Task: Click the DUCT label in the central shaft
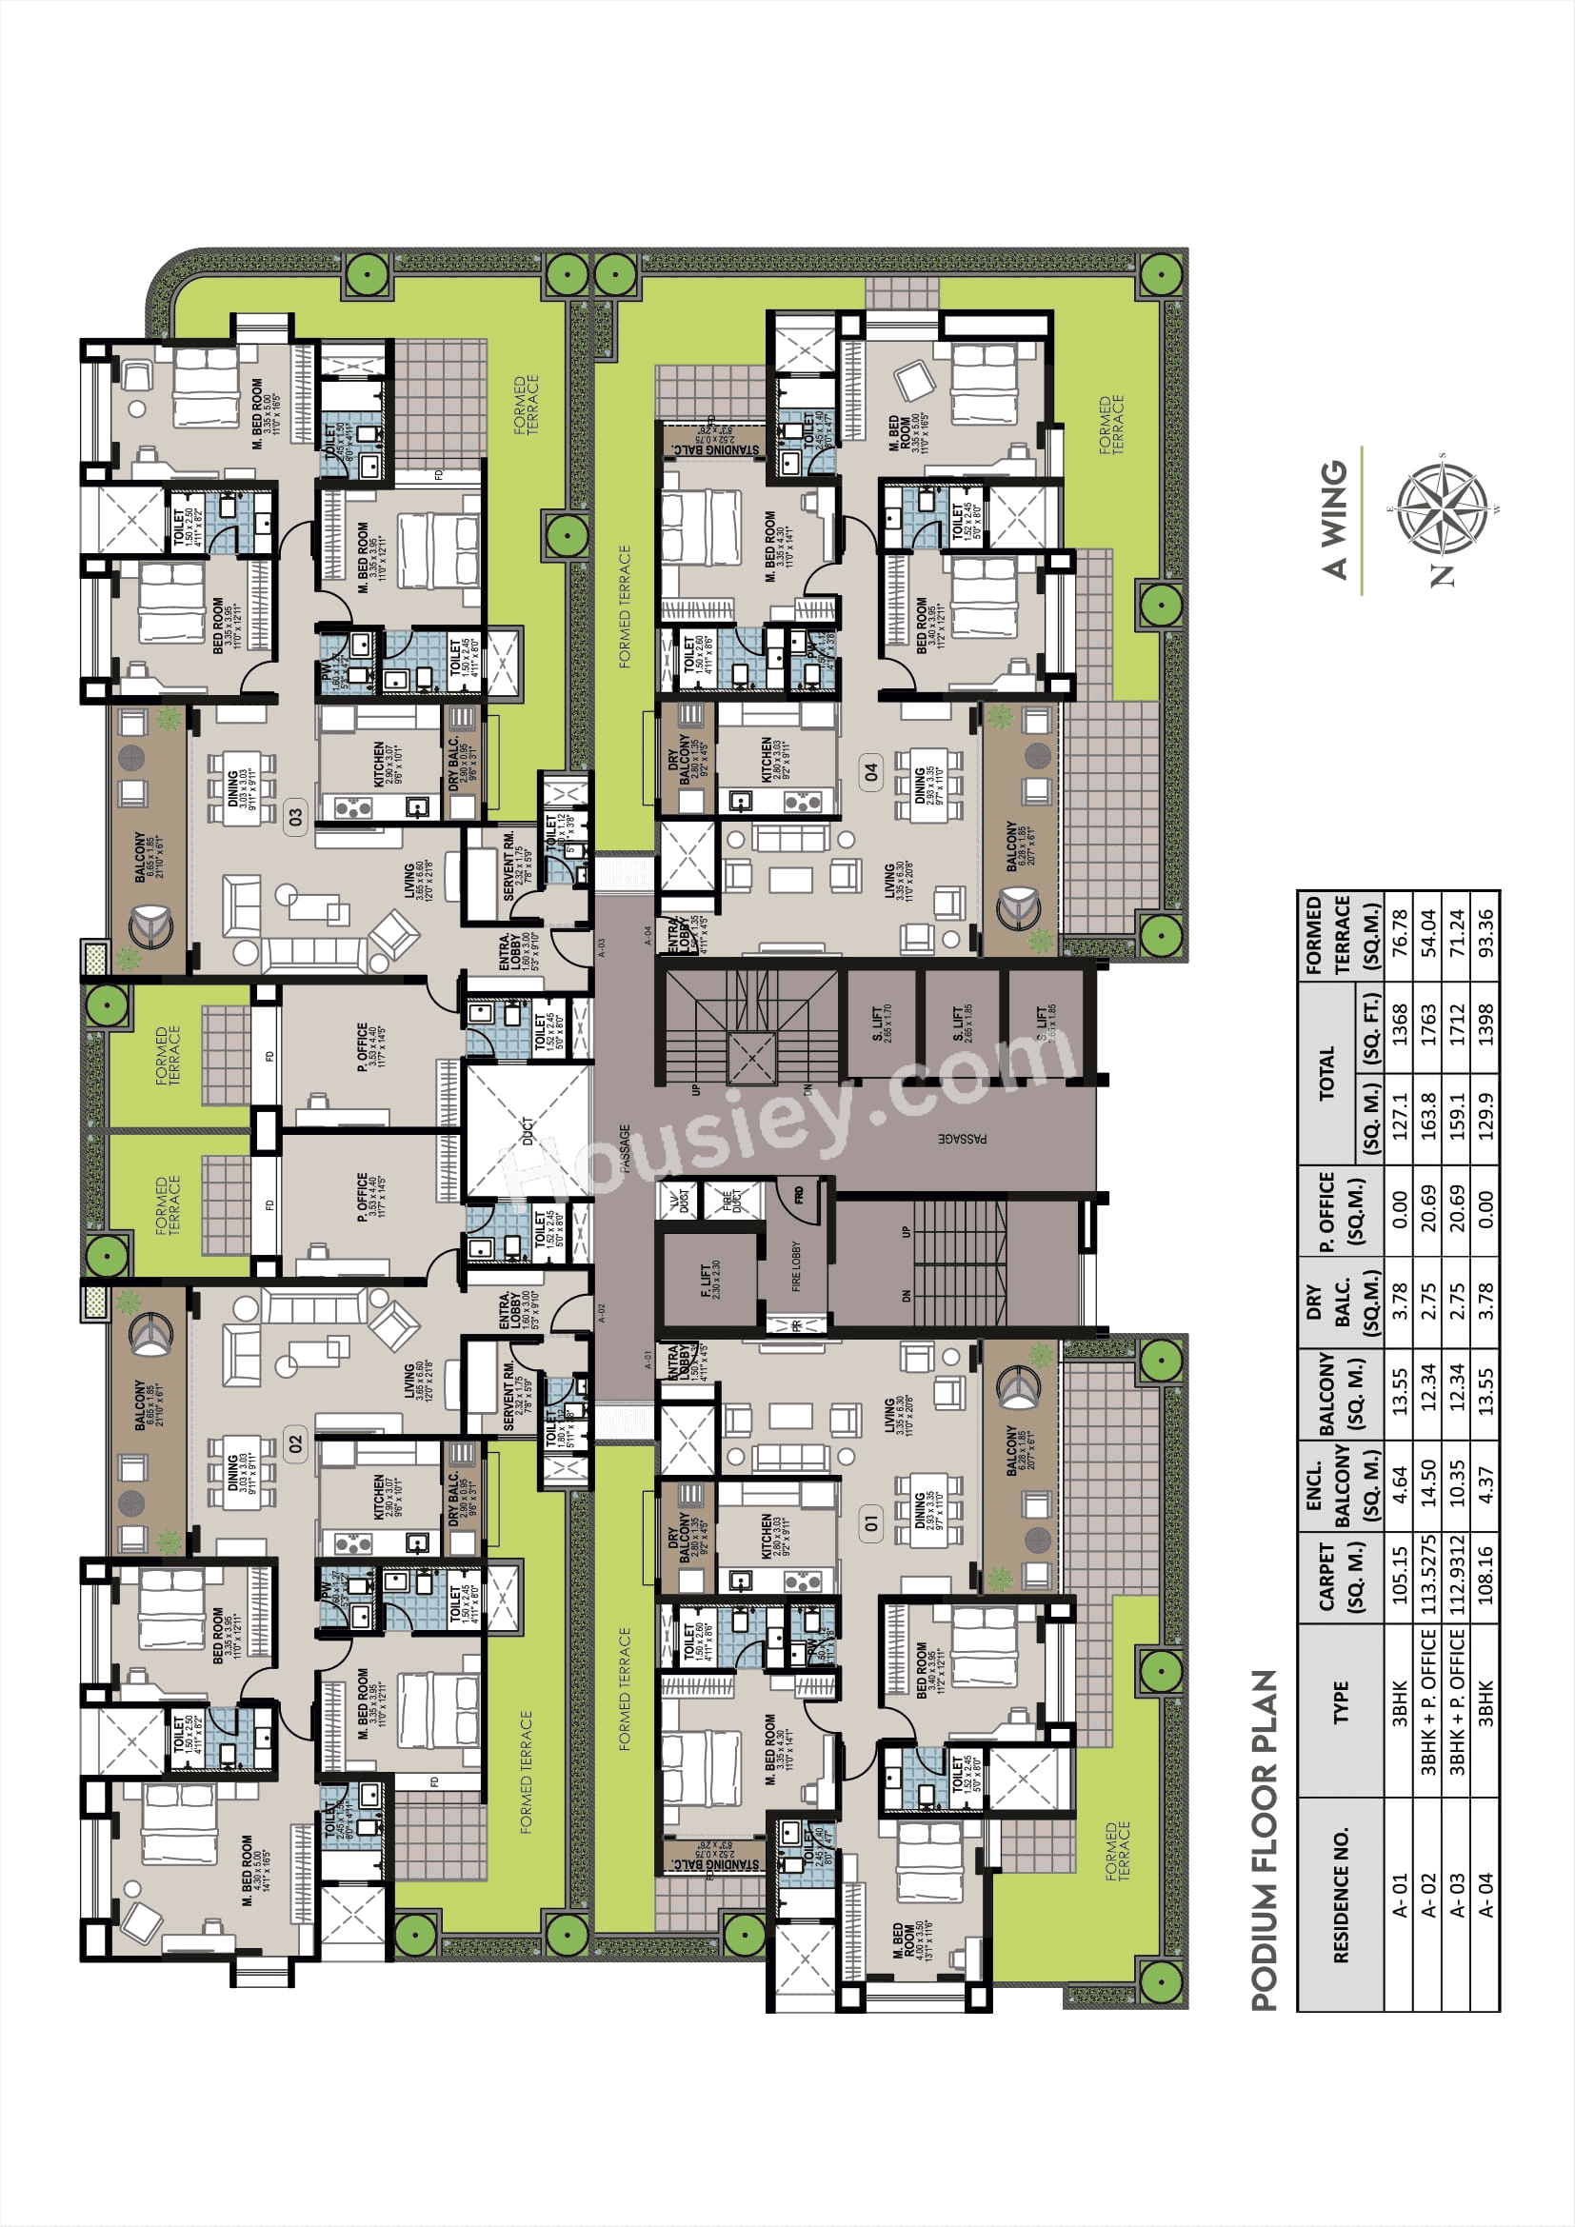[528, 1131]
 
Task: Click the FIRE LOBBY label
[796, 1265]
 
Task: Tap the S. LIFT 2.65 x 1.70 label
[882, 1023]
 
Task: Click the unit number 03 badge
[295, 817]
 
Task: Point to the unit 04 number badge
[870, 772]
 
